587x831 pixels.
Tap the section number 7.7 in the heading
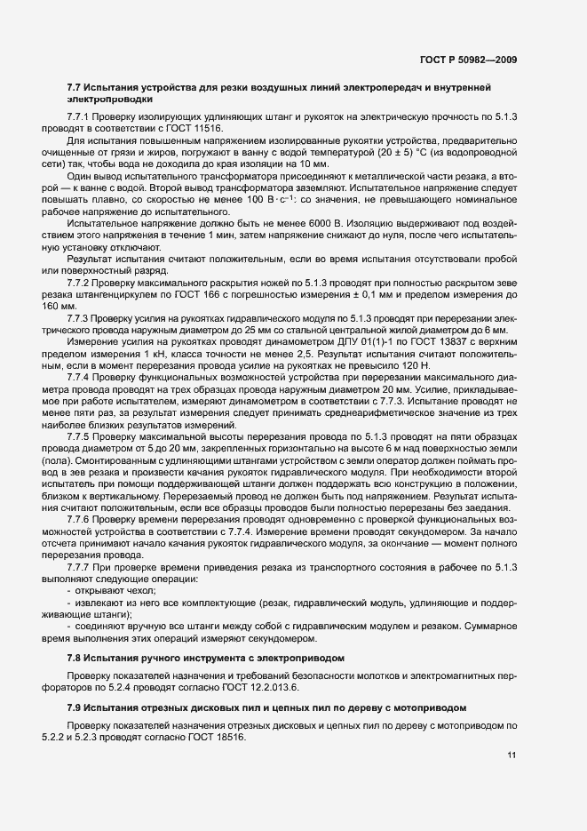click(x=75, y=87)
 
